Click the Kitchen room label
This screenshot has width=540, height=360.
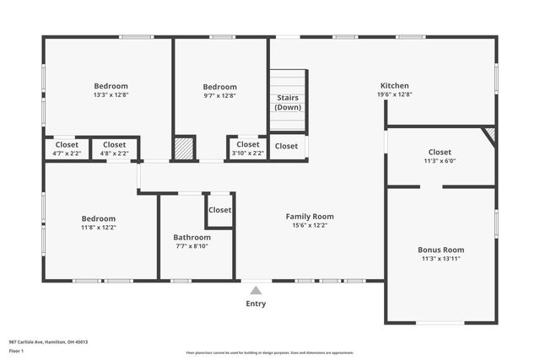click(395, 86)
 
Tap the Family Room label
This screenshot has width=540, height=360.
click(310, 217)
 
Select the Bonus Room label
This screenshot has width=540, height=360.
click(441, 250)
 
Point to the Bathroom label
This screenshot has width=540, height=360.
click(191, 237)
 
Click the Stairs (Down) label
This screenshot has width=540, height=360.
click(288, 103)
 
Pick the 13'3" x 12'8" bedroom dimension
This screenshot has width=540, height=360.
click(111, 95)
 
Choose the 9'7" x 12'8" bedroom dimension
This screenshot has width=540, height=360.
click(219, 95)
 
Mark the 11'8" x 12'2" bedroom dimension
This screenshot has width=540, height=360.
click(98, 228)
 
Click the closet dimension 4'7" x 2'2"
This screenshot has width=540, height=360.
click(66, 153)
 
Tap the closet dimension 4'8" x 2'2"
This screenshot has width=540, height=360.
click(115, 153)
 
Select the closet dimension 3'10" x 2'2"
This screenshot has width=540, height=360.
click(248, 153)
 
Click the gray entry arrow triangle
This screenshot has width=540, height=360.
click(256, 290)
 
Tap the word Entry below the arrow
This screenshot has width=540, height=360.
click(256, 304)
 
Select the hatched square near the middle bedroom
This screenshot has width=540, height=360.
click(184, 148)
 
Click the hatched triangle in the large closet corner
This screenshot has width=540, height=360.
click(489, 134)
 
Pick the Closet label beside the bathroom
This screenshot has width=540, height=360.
click(220, 210)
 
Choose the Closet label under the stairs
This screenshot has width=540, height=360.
click(286, 146)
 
